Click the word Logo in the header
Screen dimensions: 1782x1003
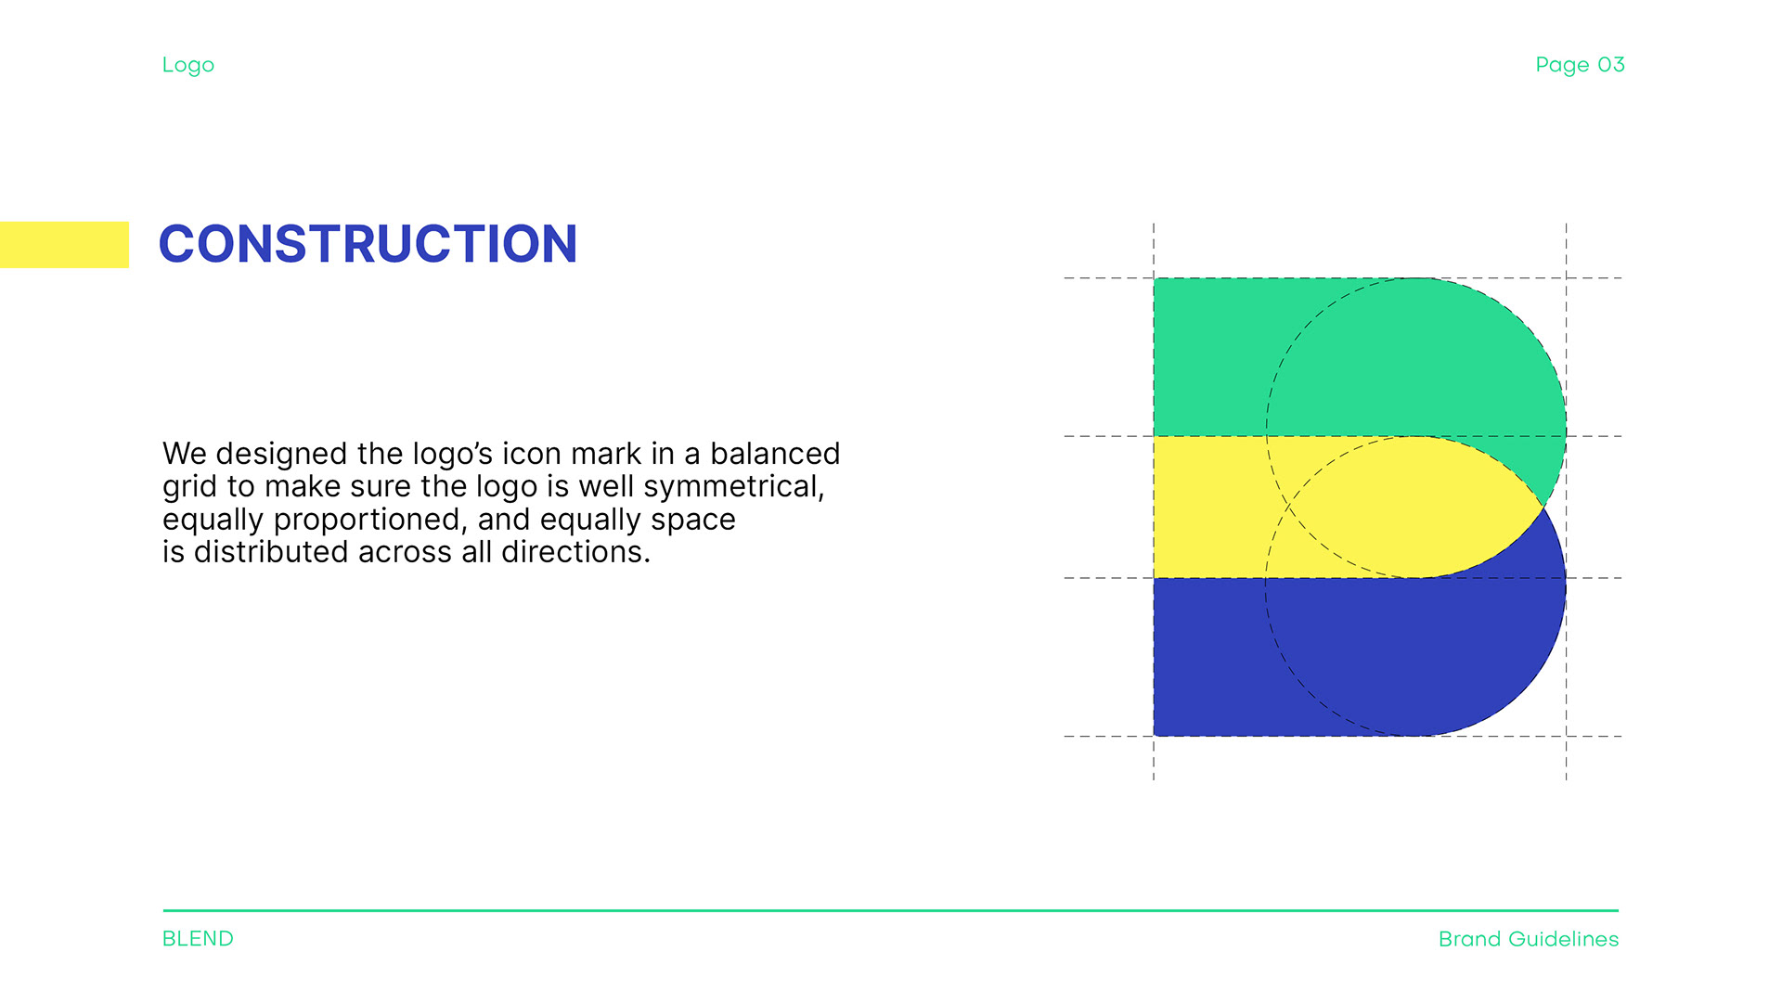point(188,66)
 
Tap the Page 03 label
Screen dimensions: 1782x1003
point(1580,65)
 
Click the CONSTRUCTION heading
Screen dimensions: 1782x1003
point(368,244)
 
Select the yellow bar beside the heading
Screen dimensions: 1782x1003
point(64,245)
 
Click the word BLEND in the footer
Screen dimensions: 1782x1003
point(198,939)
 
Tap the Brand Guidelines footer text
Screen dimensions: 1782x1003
point(1529,939)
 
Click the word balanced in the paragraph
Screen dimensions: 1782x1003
point(775,454)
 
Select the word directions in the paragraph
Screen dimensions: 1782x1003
point(575,552)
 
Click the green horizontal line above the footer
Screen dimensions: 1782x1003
point(891,911)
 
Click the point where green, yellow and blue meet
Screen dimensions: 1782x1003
point(1543,507)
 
